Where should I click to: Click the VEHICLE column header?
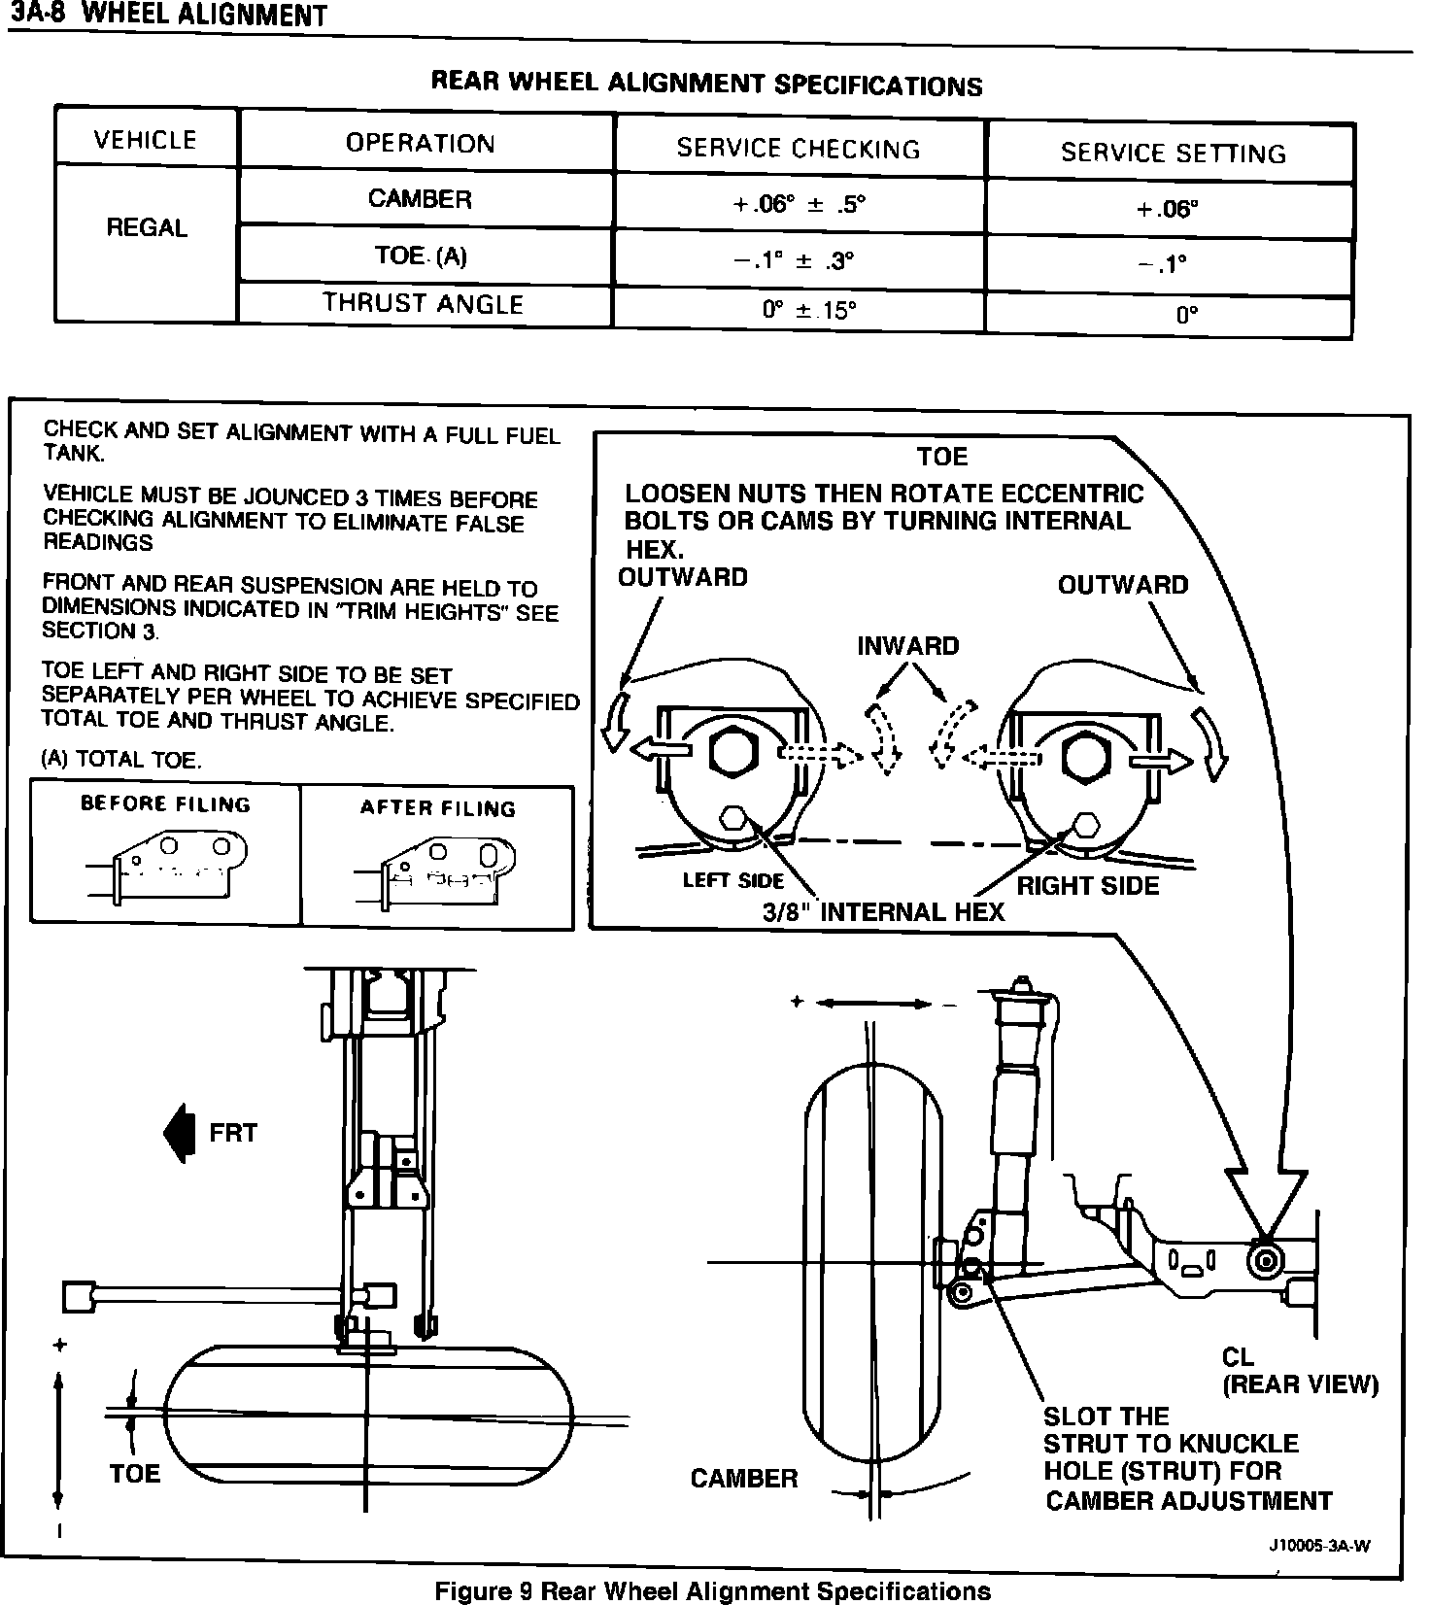[x=146, y=141]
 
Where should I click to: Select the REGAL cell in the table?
[x=147, y=229]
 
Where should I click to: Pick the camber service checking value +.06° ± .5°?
[x=799, y=205]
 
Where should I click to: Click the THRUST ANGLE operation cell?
[x=424, y=304]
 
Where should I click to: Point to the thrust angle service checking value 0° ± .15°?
[x=809, y=310]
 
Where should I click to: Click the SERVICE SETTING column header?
[x=1173, y=153]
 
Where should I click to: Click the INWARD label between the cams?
[x=907, y=646]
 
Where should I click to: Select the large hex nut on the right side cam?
[x=1082, y=755]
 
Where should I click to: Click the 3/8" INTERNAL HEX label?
[x=882, y=911]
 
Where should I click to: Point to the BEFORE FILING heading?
[x=165, y=804]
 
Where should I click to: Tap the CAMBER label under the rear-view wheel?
[x=743, y=1478]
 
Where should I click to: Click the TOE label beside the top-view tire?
[x=135, y=1473]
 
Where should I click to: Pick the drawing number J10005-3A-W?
[x=1319, y=1547]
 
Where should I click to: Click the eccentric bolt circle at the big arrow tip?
[x=1267, y=1261]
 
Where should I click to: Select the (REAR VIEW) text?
[x=1300, y=1384]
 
